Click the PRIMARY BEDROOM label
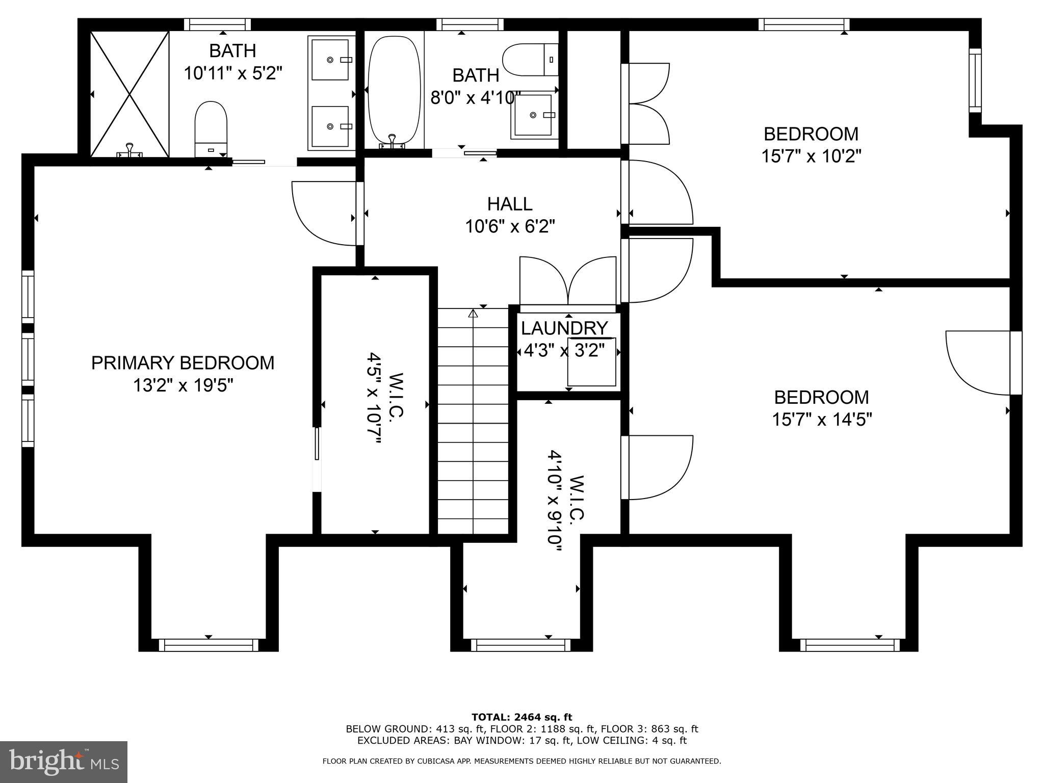[182, 363]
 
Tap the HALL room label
[509, 204]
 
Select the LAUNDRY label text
[564, 328]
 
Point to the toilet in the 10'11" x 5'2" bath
[211, 128]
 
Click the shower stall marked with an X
[129, 94]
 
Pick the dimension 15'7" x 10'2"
[811, 156]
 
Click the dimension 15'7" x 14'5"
[822, 420]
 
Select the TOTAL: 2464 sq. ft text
[521, 717]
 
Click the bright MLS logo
[63, 762]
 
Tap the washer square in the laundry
[592, 362]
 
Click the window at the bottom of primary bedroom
[208, 645]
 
